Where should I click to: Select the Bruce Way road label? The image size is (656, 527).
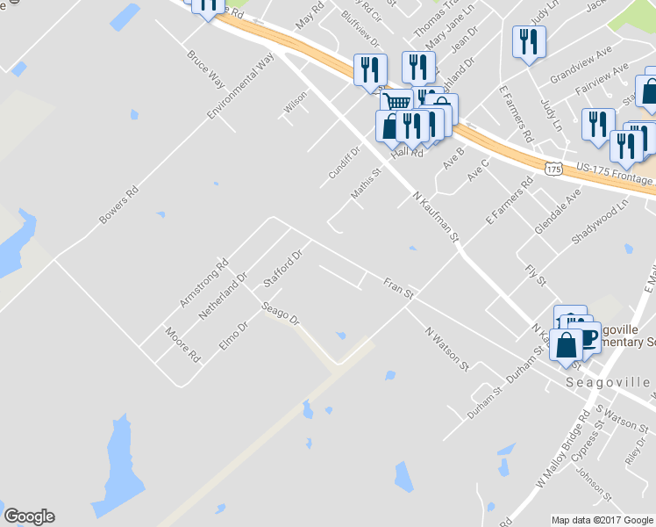tap(205, 69)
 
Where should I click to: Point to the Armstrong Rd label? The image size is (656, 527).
tap(203, 282)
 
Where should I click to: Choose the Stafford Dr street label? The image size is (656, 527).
tap(282, 269)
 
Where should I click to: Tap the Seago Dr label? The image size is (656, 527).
tap(282, 314)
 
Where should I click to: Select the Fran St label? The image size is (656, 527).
tap(398, 289)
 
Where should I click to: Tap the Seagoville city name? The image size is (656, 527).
tap(609, 383)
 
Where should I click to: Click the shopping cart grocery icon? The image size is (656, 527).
tap(396, 103)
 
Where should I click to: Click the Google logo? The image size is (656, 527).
tap(29, 516)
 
